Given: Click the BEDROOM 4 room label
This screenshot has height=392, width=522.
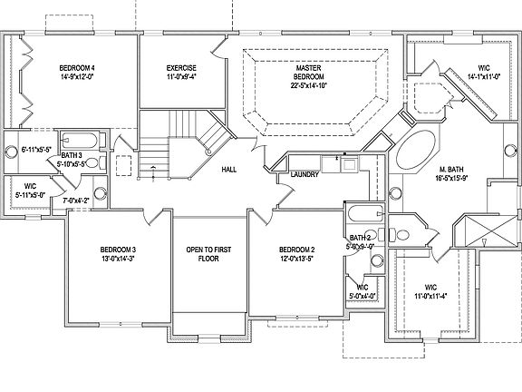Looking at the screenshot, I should [78, 68].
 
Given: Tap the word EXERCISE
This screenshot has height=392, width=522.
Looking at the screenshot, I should [182, 68].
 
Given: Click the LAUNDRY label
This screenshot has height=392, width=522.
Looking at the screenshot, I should [302, 175].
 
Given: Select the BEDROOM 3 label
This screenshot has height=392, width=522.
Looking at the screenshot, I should [118, 250].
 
